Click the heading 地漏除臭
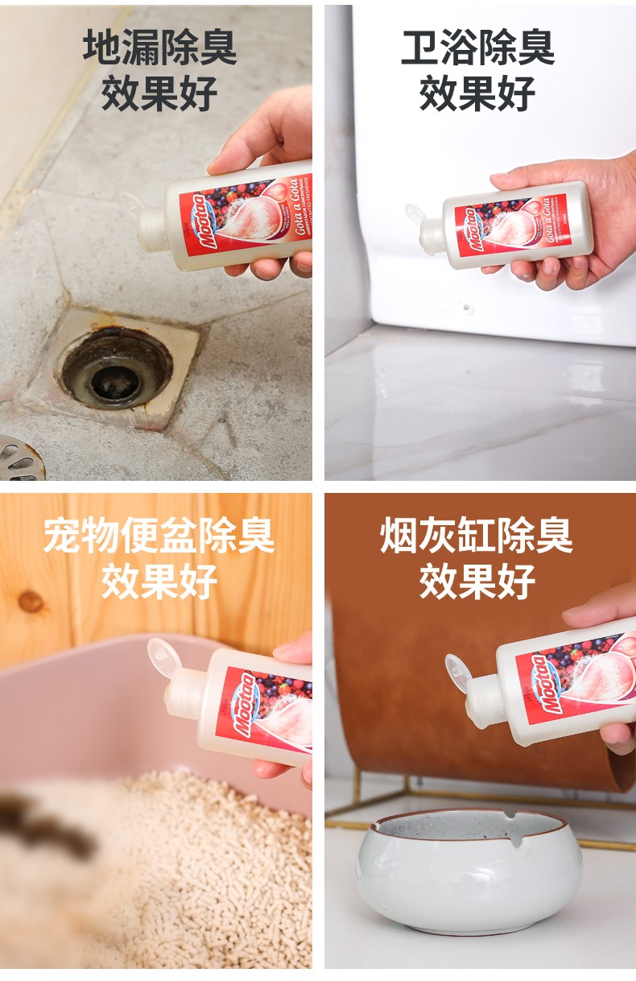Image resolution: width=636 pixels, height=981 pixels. pyautogui.click(x=159, y=48)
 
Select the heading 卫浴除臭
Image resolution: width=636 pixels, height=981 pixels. pyautogui.click(x=477, y=48)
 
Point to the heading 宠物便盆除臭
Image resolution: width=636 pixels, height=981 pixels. pyautogui.click(x=159, y=536)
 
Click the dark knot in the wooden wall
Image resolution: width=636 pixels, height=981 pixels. pyautogui.click(x=31, y=600)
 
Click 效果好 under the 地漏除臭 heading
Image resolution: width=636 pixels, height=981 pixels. pyautogui.click(x=159, y=93)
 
